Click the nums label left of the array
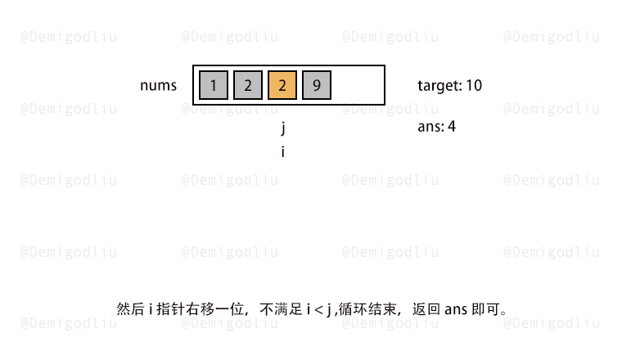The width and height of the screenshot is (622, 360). pyautogui.click(x=158, y=86)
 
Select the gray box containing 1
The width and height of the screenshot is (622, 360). pyautogui.click(x=214, y=85)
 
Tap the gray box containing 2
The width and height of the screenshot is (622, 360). pyautogui.click(x=248, y=85)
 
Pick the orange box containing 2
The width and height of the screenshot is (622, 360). pyautogui.click(x=282, y=85)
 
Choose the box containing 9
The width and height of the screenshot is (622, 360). pyautogui.click(x=317, y=85)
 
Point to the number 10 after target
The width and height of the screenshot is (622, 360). pyautogui.click(x=474, y=85)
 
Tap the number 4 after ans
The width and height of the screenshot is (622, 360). pyautogui.click(x=452, y=127)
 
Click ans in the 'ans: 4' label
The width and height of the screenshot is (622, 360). pyautogui.click(x=430, y=127)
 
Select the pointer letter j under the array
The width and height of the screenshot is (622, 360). pyautogui.click(x=283, y=128)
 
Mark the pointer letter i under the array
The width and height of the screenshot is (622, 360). pyautogui.click(x=283, y=151)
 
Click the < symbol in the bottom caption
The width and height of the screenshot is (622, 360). pyautogui.click(x=319, y=309)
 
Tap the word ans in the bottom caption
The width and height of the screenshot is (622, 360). pyautogui.click(x=456, y=309)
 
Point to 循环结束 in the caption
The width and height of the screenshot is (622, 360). pyautogui.click(x=367, y=309)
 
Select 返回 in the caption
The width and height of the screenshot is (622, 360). pyautogui.click(x=426, y=309)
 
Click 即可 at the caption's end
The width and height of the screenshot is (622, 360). pyautogui.click(x=485, y=309)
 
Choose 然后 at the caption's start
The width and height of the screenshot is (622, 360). pyautogui.click(x=130, y=309)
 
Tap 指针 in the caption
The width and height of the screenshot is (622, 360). pyautogui.click(x=171, y=309)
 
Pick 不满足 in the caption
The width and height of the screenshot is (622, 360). pyautogui.click(x=282, y=309)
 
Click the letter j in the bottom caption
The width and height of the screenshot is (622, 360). pyautogui.click(x=329, y=310)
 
